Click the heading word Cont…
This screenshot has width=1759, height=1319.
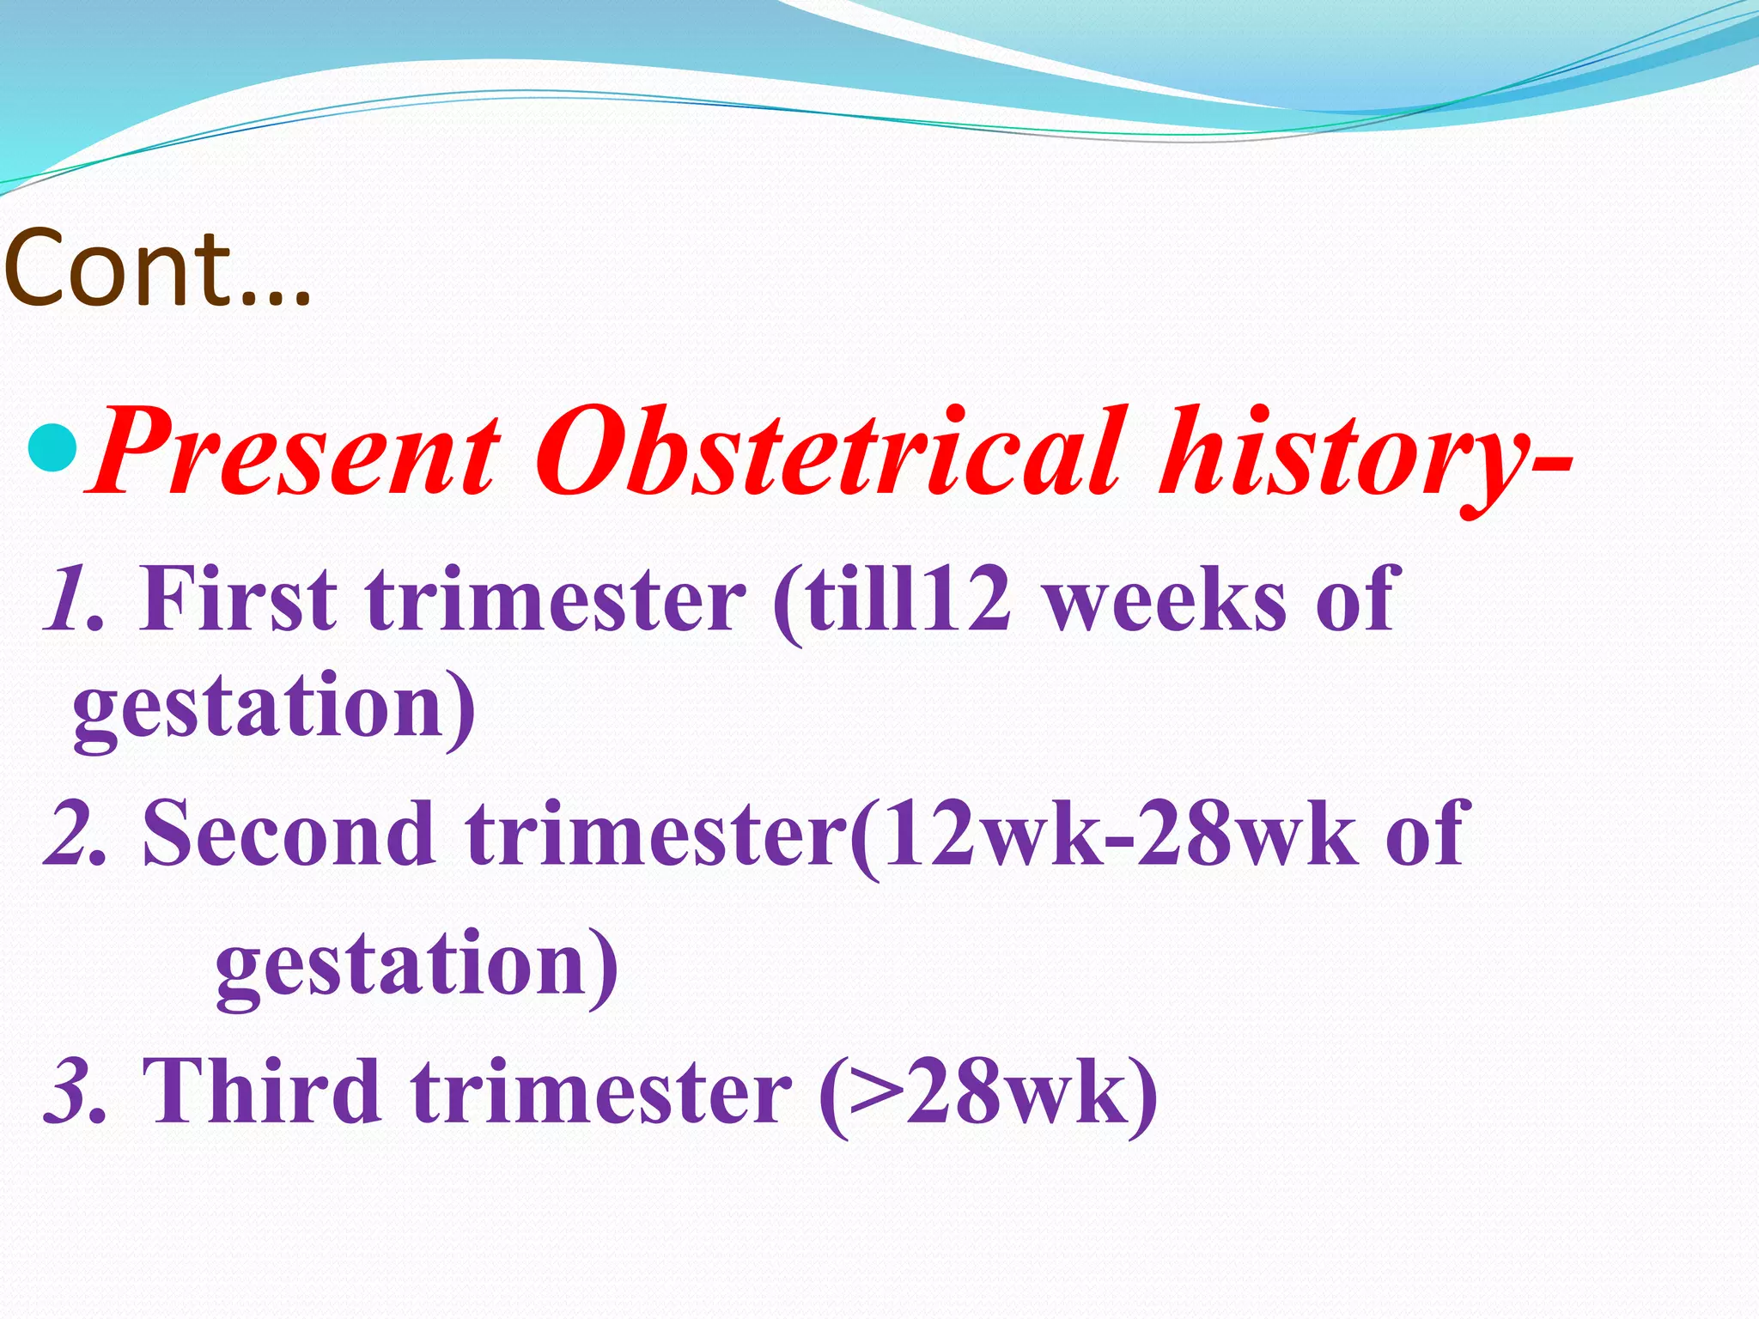click(x=157, y=268)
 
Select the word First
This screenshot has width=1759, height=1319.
click(x=238, y=599)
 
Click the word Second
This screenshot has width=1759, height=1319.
click(x=289, y=831)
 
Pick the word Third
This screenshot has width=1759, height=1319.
click(x=262, y=1091)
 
